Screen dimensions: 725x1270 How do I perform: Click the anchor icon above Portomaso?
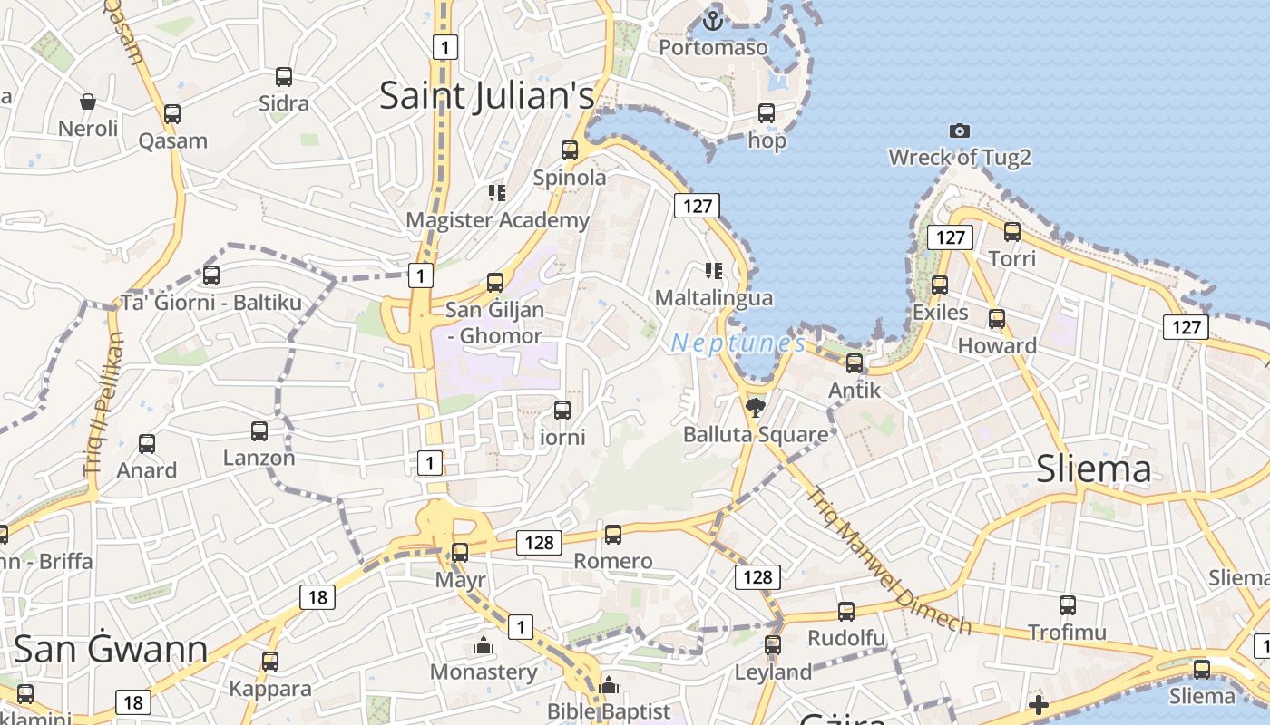[x=713, y=19]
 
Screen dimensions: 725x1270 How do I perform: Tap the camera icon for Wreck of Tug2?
[x=959, y=131]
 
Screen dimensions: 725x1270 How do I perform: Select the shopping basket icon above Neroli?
[x=88, y=101]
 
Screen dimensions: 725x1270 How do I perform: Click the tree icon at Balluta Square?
[x=755, y=408]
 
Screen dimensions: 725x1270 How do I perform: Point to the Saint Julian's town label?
[x=486, y=95]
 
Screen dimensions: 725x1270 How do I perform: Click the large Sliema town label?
[x=1093, y=469]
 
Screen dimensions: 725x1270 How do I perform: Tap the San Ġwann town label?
[x=111, y=649]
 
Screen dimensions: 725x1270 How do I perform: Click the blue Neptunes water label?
[x=738, y=343]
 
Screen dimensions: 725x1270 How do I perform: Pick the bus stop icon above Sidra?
[x=284, y=77]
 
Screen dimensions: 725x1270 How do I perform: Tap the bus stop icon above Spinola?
[x=570, y=150]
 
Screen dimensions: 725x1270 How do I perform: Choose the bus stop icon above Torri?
[x=1012, y=232]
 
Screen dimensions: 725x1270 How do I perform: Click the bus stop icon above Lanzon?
[x=259, y=431]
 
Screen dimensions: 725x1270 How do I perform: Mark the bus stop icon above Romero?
[x=613, y=535]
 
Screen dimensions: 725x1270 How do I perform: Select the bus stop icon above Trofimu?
[x=1068, y=605]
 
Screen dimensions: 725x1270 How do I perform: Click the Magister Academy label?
[x=497, y=220]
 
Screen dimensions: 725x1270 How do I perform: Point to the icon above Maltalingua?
[x=714, y=271]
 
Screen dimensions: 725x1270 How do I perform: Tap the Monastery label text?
[x=484, y=672]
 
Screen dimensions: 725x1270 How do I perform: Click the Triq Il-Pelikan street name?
[x=103, y=405]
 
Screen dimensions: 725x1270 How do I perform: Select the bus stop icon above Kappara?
[x=269, y=662]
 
